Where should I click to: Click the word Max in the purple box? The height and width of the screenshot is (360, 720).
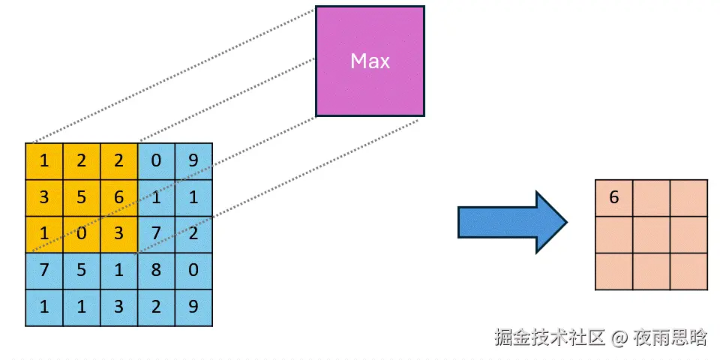click(370, 61)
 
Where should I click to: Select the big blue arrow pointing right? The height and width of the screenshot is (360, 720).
click(512, 222)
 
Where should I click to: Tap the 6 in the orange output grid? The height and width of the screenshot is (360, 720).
click(614, 198)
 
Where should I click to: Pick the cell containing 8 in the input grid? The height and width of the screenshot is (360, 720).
click(156, 269)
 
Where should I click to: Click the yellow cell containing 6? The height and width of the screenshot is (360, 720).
click(118, 197)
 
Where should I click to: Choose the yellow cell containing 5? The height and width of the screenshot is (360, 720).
click(81, 197)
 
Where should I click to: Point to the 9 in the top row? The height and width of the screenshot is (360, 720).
click(193, 160)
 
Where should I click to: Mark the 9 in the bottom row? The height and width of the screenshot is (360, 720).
click(193, 307)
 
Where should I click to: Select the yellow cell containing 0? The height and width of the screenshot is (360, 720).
click(81, 233)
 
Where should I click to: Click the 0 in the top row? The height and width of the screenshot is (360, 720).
click(156, 160)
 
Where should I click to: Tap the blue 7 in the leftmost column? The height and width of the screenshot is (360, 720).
click(44, 269)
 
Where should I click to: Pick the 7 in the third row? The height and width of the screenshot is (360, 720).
click(156, 233)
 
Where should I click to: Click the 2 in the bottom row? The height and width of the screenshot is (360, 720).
click(156, 307)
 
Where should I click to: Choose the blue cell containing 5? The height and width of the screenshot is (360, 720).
click(81, 269)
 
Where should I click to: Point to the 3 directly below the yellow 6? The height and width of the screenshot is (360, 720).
click(118, 233)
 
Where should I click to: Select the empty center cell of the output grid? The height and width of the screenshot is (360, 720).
click(651, 235)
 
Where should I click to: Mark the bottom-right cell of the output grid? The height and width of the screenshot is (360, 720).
click(688, 271)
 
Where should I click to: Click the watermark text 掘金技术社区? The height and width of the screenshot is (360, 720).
click(549, 337)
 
